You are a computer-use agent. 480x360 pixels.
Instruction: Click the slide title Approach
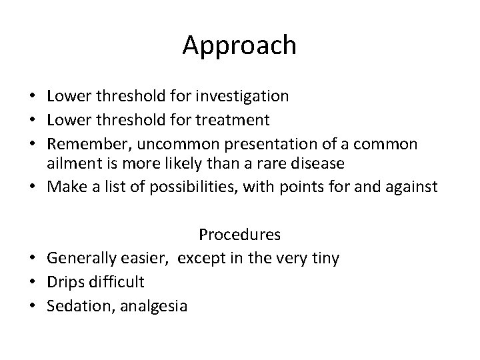click(x=240, y=45)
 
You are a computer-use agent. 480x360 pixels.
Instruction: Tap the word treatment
click(x=236, y=120)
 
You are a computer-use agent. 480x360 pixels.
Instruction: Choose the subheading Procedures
click(x=239, y=235)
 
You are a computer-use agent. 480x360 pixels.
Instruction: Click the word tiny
click(x=325, y=258)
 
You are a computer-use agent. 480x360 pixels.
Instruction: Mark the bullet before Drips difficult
click(x=35, y=281)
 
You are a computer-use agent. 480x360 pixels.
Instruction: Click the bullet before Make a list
click(x=35, y=188)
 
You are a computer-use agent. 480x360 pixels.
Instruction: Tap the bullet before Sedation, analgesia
click(x=35, y=305)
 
